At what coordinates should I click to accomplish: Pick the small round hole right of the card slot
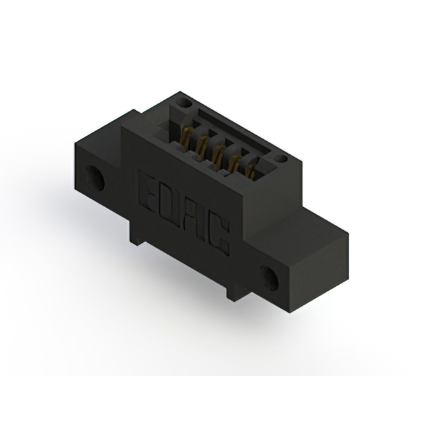[282, 160]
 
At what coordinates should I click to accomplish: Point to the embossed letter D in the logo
[167, 201]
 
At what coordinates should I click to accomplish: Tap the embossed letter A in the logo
[193, 217]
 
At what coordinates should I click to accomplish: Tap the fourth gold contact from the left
[234, 164]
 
